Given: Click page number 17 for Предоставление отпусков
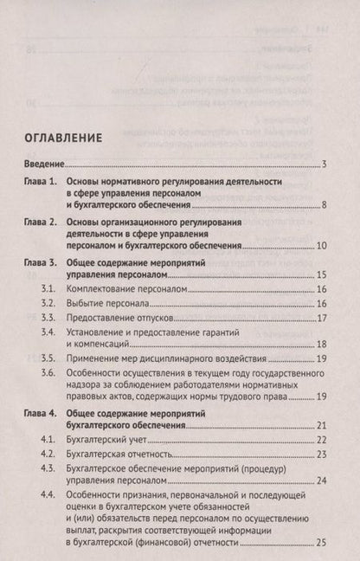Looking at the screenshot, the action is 320,319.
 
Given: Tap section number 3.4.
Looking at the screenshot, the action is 52,332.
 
